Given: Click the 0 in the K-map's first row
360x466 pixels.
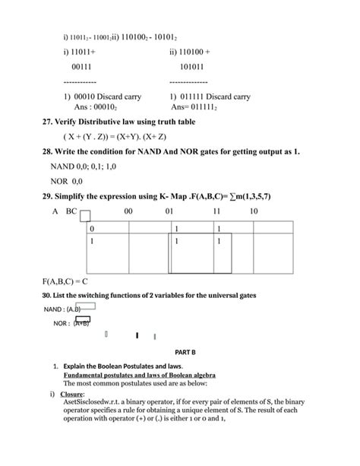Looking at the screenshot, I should click(93, 229).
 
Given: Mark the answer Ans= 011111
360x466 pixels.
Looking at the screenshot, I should click(202, 107).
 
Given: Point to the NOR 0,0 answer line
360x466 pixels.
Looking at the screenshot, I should click(67, 182).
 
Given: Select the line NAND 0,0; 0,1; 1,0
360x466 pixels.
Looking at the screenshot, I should click(84, 166).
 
